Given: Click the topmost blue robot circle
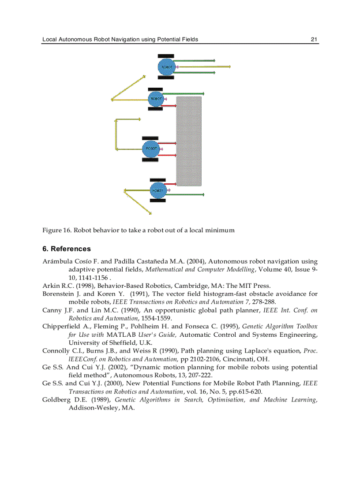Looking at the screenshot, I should [166, 67].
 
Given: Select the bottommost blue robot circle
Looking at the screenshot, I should [157, 190].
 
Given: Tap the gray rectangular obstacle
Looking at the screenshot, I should [189, 141].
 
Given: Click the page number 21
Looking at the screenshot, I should [314, 39].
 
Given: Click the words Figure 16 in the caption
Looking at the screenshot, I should [57, 230].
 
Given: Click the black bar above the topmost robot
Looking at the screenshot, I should [166, 56].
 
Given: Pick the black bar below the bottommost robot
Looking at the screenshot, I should [157, 201].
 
